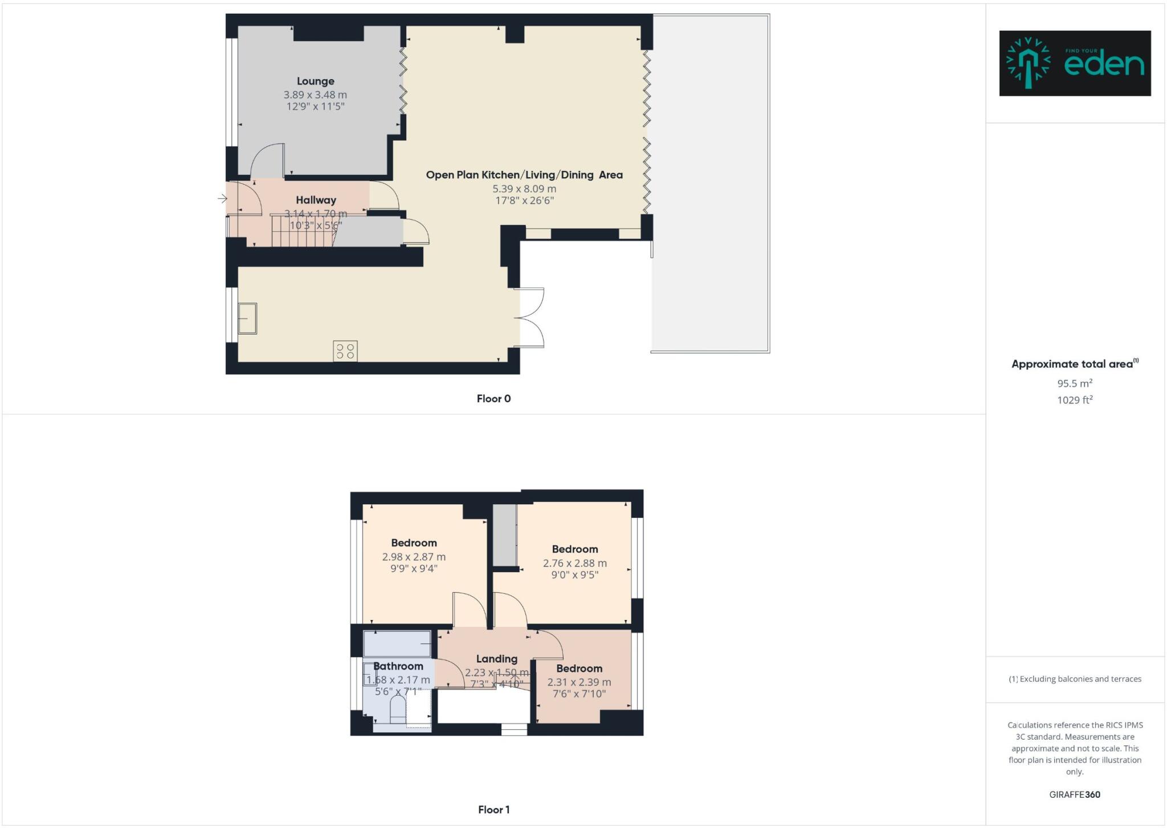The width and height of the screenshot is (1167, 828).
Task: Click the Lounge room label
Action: point(315,81)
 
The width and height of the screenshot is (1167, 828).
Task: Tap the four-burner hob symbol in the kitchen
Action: point(345,350)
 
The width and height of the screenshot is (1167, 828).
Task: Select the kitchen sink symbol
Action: point(247,318)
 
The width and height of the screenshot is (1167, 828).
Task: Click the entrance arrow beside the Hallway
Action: point(222,198)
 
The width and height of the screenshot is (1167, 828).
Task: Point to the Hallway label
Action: point(316,200)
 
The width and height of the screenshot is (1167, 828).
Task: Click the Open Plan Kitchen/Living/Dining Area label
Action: point(524,175)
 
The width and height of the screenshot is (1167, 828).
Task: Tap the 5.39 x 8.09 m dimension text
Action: point(524,189)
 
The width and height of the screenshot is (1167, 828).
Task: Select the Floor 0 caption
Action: point(493,399)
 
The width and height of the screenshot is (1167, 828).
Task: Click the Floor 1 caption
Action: point(493,810)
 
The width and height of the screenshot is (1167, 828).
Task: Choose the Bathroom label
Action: point(398,666)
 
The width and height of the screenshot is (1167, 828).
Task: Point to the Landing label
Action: point(496,659)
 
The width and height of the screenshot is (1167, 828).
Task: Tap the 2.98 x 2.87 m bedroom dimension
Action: point(414,557)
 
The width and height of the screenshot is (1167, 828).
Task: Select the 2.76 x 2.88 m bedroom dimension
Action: point(574,563)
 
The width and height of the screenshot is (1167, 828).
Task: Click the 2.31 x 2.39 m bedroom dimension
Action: point(579,682)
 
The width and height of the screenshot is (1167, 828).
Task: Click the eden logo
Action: point(1075,63)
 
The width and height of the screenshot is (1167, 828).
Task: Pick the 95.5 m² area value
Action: point(1075,384)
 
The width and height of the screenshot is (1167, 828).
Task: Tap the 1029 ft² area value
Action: point(1075,400)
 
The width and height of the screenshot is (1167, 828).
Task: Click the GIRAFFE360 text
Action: point(1075,794)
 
